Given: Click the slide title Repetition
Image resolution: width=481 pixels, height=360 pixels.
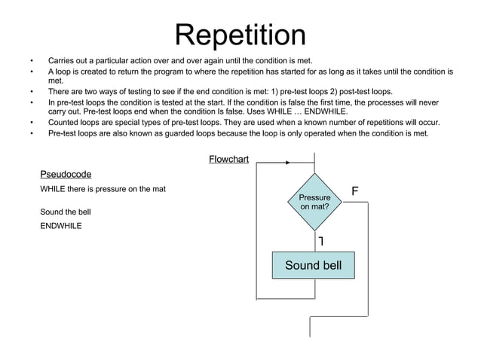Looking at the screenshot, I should [240, 34].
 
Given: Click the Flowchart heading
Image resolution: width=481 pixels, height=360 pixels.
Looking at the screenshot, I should [228, 159].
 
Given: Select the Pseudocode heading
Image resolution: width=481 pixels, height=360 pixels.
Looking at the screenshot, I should [66, 174].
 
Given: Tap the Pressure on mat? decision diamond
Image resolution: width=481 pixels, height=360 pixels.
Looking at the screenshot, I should [314, 201].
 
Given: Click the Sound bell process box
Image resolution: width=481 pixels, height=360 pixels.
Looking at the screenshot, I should [313, 265].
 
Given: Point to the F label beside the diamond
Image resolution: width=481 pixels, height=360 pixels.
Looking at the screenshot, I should [354, 192].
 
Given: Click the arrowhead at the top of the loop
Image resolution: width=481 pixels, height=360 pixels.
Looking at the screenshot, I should [288, 163].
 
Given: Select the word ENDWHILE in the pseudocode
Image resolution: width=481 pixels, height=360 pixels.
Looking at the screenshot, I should [61, 225].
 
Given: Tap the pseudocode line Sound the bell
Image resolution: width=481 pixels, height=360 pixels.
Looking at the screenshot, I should [66, 212].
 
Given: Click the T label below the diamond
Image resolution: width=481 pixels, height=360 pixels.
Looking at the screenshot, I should [321, 241].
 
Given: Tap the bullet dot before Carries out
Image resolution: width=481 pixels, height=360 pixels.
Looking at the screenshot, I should [32, 60].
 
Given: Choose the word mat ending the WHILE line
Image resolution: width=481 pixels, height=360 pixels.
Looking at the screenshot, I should [158, 188].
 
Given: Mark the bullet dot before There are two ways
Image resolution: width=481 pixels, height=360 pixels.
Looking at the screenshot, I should [32, 91].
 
